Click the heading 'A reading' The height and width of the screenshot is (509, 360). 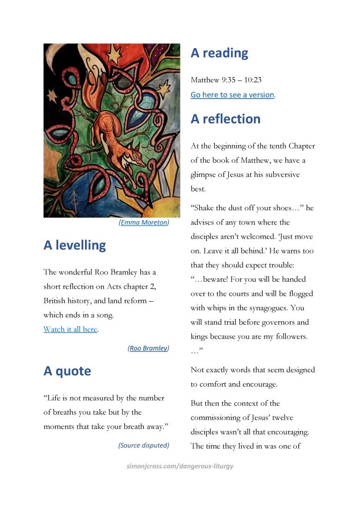click(219, 53)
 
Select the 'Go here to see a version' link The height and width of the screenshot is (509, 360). click(232, 94)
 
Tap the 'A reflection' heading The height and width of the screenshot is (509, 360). click(225, 119)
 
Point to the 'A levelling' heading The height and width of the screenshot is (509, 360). click(75, 245)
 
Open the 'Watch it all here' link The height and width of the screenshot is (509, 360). click(70, 329)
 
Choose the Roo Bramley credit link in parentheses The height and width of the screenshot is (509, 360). click(148, 348)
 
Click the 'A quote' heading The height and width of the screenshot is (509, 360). click(67, 371)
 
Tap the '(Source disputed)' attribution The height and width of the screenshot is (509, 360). click(144, 445)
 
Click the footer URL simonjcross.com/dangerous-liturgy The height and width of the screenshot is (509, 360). click(180, 466)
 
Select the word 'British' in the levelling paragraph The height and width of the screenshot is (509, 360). click(56, 301)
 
